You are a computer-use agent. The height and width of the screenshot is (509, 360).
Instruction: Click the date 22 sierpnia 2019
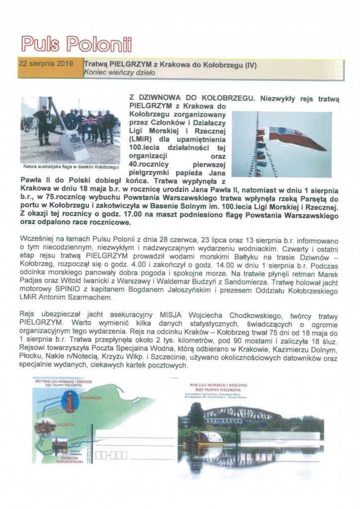45,64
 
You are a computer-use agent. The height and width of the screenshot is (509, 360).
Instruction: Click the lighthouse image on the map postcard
72,402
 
